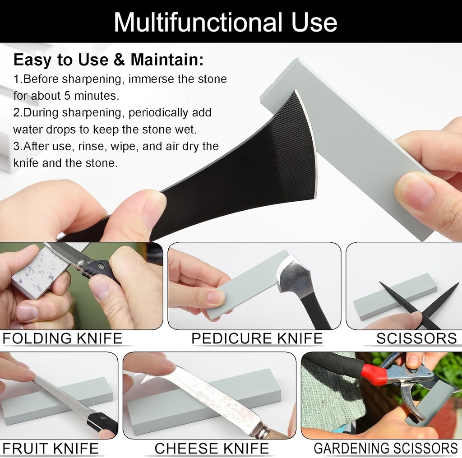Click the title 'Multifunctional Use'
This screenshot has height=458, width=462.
coord(225,22)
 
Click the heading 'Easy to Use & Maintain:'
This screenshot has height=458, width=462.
coord(108,60)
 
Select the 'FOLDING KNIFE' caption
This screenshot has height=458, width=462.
coord(62,338)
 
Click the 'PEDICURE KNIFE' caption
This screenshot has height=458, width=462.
coord(257,338)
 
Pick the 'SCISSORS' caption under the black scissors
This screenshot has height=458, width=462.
coord(416,338)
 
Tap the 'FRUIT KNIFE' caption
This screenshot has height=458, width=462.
coord(51,448)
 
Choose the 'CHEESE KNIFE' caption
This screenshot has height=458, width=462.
coord(212,448)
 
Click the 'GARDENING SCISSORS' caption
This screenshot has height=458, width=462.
coord(385,448)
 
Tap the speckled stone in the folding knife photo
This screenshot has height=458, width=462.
coord(38,271)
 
